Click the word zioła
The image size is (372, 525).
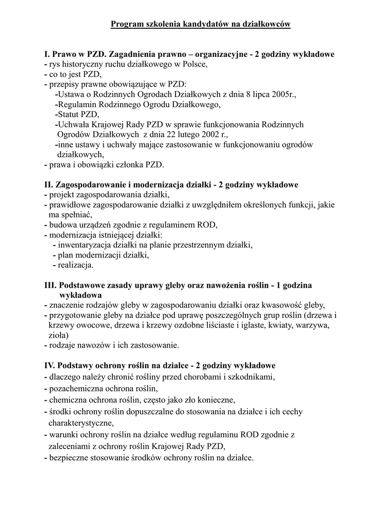coord(57,335)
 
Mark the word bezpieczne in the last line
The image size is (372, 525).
coord(68,457)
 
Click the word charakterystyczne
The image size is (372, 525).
coord(81,423)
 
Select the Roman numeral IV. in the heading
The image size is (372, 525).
coord(50,366)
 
